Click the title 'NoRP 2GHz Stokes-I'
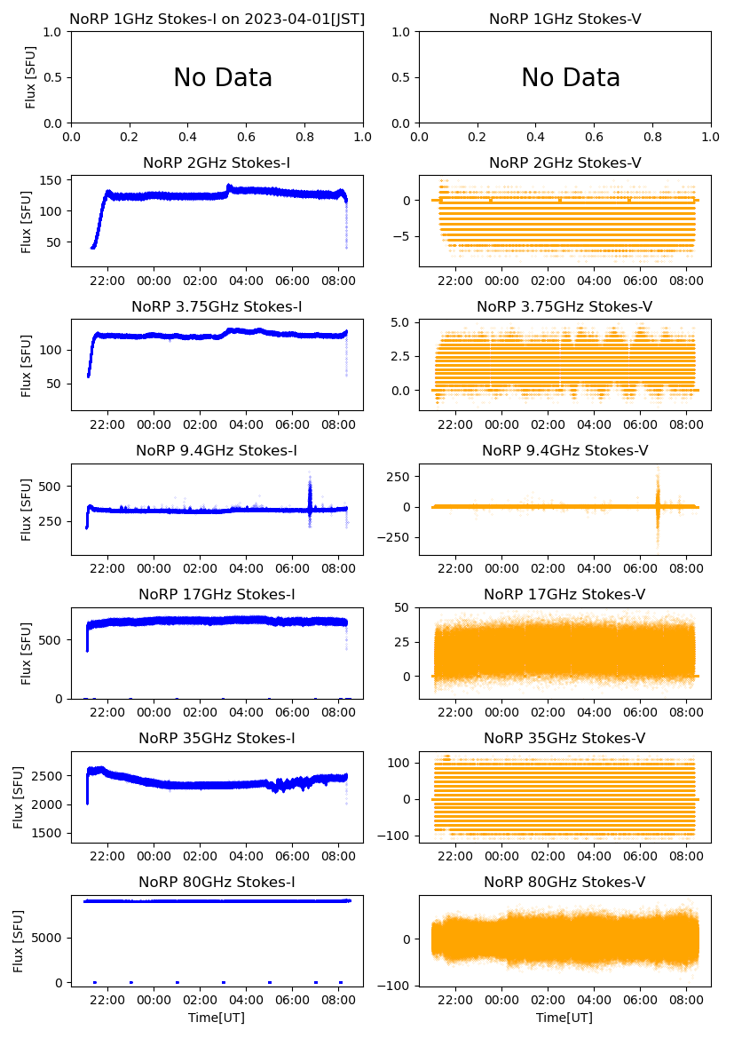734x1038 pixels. point(217,162)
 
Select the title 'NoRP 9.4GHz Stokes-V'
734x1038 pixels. point(564,450)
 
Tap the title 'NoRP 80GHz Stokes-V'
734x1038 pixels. point(564,882)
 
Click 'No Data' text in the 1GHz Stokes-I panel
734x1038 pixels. point(223,78)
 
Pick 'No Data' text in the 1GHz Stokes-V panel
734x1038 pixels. point(571,78)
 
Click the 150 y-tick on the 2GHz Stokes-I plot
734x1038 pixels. point(51,181)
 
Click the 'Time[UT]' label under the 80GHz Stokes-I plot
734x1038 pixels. point(217,1018)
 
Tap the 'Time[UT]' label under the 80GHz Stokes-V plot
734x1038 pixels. point(564,1018)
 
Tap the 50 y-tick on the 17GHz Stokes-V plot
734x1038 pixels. point(404,607)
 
